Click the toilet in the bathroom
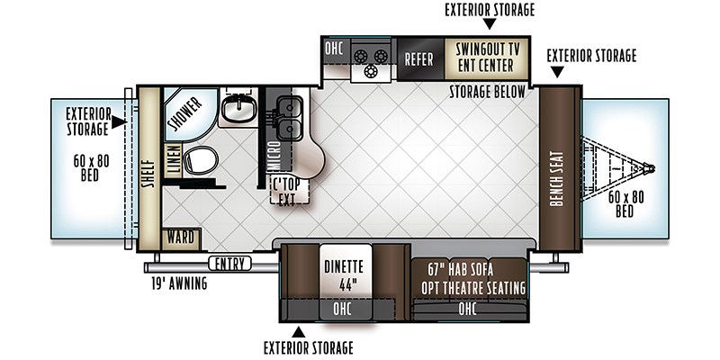201,160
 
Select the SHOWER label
185,114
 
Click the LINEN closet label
174,161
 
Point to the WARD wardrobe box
182,239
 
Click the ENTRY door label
230,264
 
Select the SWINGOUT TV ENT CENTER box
486,58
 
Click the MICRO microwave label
274,156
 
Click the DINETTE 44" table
346,274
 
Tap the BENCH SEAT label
556,178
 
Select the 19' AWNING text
179,283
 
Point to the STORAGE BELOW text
487,92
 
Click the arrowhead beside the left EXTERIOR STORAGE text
119,122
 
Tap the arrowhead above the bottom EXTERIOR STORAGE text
299,331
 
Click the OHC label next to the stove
334,49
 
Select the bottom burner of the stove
370,72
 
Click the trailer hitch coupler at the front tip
649,168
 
